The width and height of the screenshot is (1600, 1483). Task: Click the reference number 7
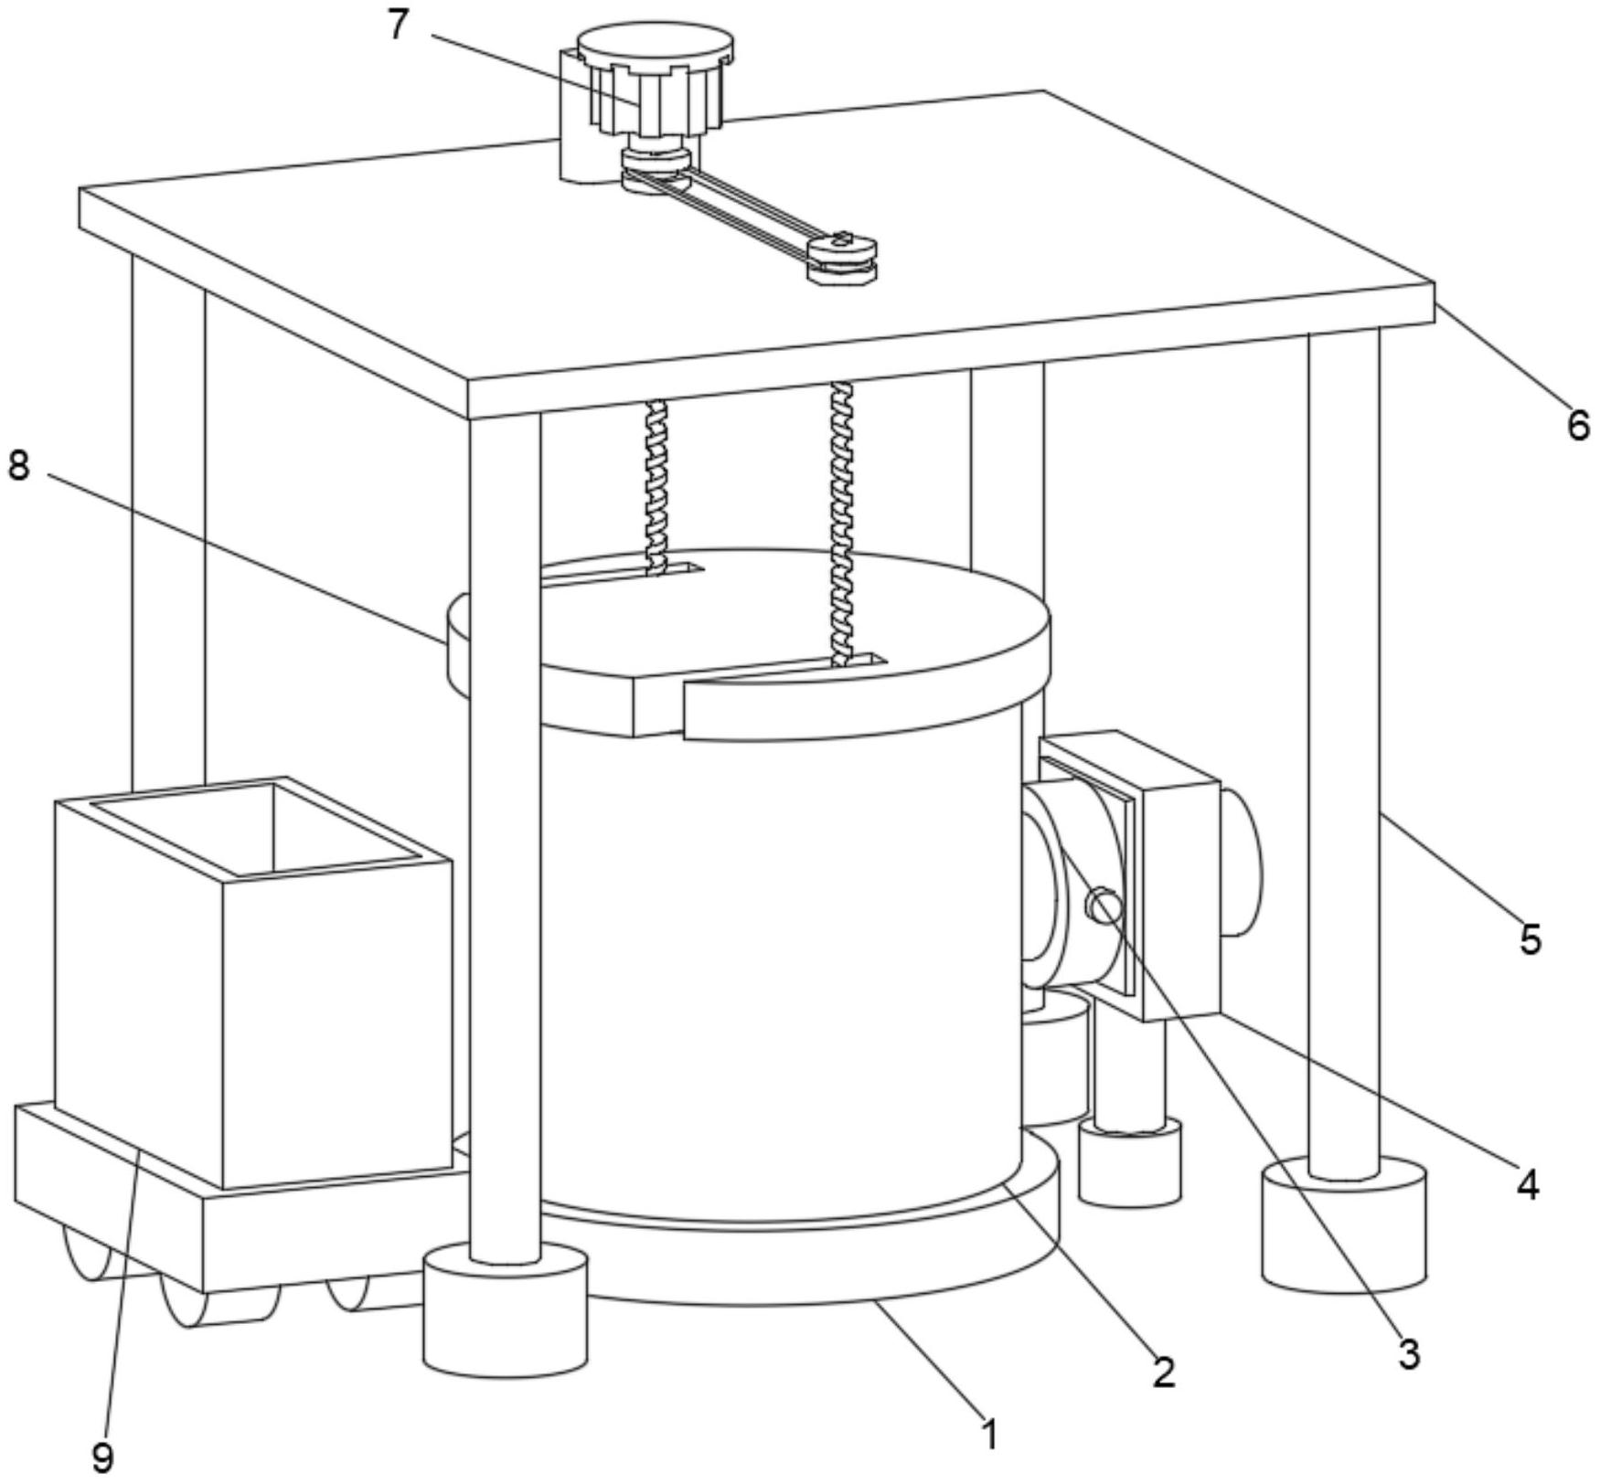click(x=397, y=25)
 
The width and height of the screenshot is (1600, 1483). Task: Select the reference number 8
click(x=18, y=466)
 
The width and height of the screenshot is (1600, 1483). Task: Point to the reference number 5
click(x=1531, y=938)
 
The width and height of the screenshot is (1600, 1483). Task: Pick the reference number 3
click(x=1409, y=1353)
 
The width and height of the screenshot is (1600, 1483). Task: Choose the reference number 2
click(x=1163, y=1372)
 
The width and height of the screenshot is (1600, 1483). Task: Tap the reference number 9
click(x=103, y=1457)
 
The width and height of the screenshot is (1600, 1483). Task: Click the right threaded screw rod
click(x=842, y=521)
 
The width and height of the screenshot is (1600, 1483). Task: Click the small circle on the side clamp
click(x=1103, y=906)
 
